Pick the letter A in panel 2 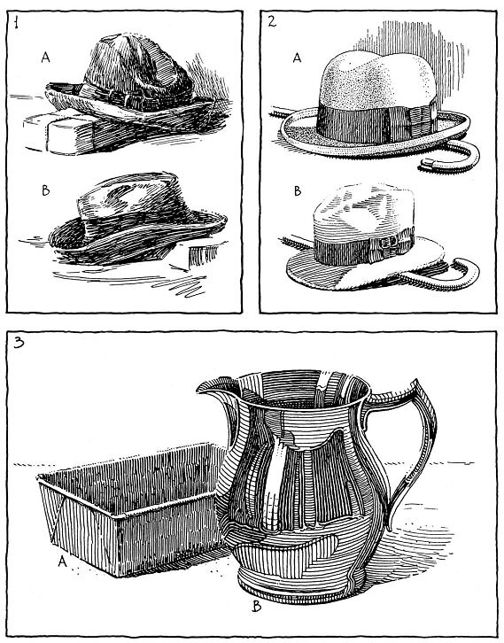(299, 58)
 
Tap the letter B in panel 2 (299, 190)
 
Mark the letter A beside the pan (62, 561)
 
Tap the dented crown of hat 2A (372, 71)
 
